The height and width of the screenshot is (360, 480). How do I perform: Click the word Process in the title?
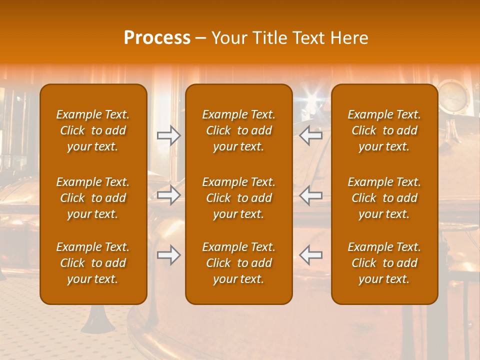coord(157,38)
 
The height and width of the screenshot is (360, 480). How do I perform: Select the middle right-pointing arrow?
coord(168,195)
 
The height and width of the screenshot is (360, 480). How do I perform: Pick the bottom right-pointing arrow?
coord(168,255)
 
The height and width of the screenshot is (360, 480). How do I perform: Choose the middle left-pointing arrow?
coord(311,195)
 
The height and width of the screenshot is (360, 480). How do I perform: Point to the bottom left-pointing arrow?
coord(311,255)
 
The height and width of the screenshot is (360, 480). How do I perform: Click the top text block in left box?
coord(93,130)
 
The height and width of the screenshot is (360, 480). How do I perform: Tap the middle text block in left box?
coord(93,198)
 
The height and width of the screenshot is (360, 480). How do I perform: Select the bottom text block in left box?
coord(93,263)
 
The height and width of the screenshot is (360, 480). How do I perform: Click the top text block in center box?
coord(238,130)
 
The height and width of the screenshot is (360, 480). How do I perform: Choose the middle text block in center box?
coord(238,198)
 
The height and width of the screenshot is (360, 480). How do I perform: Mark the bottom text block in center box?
coord(238,263)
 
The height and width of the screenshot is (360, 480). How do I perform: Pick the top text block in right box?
coord(384,130)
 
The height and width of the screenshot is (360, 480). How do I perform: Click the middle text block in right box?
coord(384,198)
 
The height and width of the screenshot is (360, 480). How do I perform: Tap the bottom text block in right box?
coord(384,263)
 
